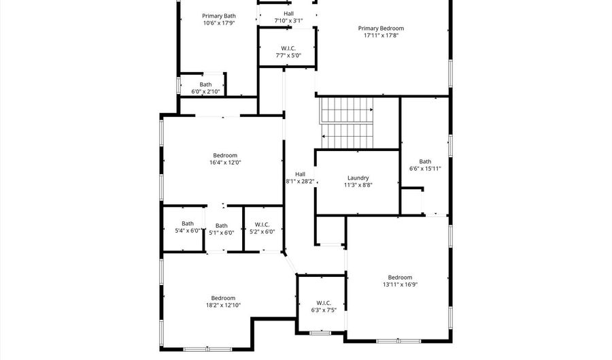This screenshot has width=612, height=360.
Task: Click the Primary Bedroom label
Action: pos(381,29)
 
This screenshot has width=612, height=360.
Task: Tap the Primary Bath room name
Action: pos(219,16)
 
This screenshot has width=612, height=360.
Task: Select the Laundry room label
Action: pos(358,177)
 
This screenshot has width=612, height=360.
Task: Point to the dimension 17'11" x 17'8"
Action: pos(381,35)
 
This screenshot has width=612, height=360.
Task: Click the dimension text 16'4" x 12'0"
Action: pos(225,163)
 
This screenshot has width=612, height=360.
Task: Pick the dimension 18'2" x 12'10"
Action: pos(223,306)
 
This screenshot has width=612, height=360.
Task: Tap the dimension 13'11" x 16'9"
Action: pos(400,284)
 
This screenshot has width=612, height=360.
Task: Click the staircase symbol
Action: pos(347,121)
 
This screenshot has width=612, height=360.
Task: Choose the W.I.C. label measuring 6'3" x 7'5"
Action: pos(323,303)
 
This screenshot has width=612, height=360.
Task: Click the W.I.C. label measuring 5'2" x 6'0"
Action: pos(262,225)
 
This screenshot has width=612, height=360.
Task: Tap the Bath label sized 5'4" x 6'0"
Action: pos(187,223)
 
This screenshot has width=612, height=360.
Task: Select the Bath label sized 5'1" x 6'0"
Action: pos(222,226)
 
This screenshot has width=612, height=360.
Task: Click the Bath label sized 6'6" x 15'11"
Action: pos(425,161)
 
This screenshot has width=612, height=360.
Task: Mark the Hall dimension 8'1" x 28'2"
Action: pos(300,182)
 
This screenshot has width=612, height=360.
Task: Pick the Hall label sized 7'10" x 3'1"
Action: pos(288,14)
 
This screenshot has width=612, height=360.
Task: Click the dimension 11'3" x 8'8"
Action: pos(358,184)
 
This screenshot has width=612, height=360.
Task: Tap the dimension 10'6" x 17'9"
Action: pos(219,23)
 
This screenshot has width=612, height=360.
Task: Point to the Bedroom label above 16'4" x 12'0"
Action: pos(225,155)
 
